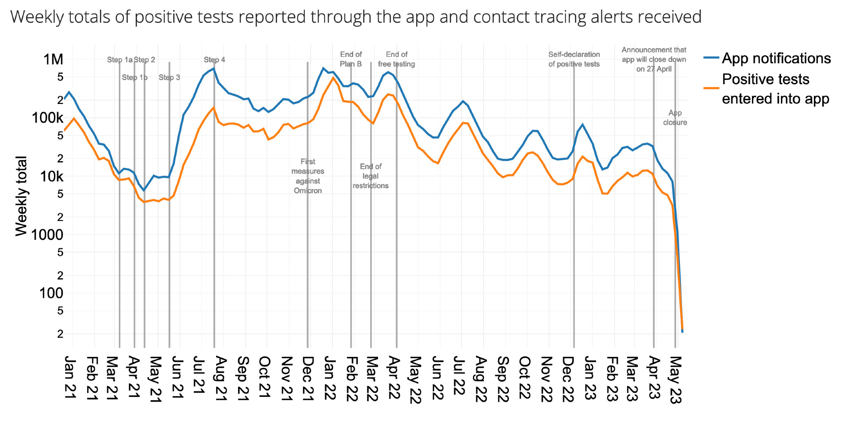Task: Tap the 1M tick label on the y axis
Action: point(54,59)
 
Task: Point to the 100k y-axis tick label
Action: point(48,118)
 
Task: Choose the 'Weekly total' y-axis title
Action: point(21,196)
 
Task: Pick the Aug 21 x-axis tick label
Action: point(220,378)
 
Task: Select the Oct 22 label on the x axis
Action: point(524,378)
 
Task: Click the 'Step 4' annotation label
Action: point(214,60)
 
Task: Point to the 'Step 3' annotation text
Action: point(169,77)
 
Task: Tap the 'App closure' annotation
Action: point(675,117)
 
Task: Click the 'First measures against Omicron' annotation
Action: point(308,176)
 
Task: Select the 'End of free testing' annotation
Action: point(396,59)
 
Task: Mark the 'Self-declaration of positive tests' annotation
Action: point(574,59)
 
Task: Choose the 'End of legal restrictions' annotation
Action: point(370,176)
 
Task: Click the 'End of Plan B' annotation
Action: point(351,59)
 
